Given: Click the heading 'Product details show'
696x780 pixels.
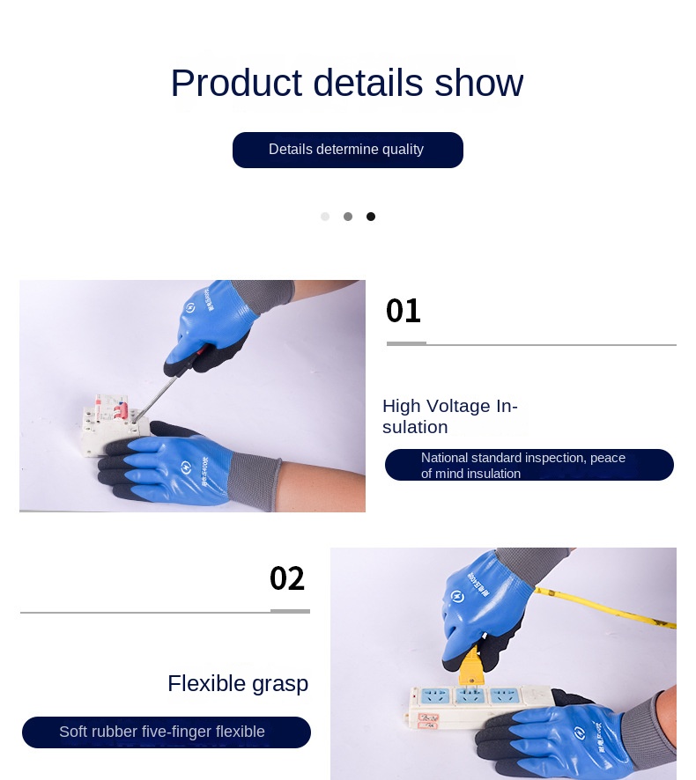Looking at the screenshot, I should click(346, 83).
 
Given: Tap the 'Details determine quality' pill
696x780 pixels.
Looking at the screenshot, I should click(347, 150).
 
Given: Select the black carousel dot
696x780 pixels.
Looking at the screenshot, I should click(371, 217).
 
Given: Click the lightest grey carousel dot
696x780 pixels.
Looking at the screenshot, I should click(325, 217).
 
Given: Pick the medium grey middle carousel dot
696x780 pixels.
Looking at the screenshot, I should click(348, 217).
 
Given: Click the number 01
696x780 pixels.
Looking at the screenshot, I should click(404, 311).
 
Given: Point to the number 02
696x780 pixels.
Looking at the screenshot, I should click(287, 578).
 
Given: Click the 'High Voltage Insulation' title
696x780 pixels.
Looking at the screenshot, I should click(449, 416).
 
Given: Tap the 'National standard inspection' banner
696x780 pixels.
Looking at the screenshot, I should click(529, 465).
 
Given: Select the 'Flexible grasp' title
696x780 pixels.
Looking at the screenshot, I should click(238, 683).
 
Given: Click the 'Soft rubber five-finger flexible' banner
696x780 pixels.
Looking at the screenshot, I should click(166, 732).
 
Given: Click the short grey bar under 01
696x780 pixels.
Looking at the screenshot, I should click(406, 343).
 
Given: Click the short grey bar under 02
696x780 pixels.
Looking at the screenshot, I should click(290, 610).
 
